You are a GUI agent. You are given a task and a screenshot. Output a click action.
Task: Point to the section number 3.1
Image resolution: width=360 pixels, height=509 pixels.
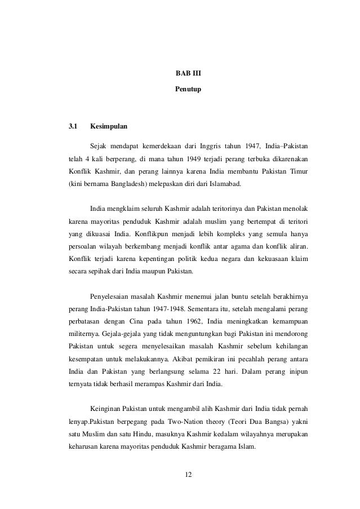click(x=73, y=125)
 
